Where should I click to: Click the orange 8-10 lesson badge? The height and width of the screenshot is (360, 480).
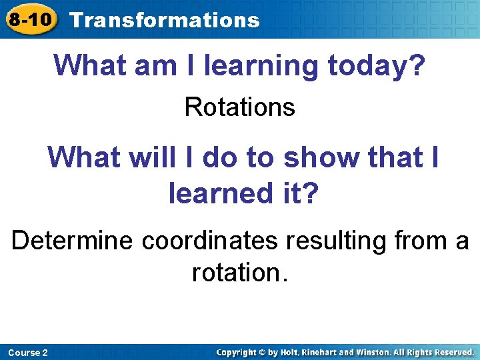point(30,19)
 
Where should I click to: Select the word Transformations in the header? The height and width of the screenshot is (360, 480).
point(164,20)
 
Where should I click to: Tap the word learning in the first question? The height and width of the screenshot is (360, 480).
point(249,66)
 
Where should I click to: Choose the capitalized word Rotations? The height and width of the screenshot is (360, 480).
point(239,107)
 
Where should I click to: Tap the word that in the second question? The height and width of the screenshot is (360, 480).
point(387,157)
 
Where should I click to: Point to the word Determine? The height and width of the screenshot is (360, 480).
point(72,240)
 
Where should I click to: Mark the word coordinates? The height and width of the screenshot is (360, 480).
point(209,240)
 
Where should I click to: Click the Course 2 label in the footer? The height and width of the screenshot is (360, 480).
point(29,352)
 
